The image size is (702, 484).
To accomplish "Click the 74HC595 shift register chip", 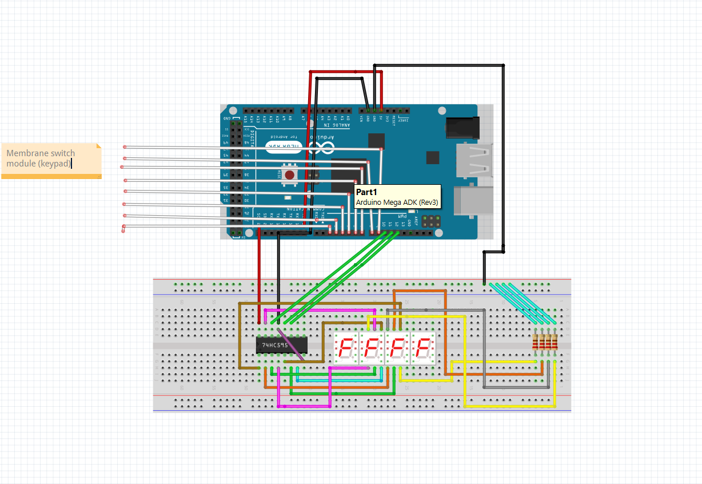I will pos(282,345).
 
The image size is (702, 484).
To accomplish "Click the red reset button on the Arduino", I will pos(290,174).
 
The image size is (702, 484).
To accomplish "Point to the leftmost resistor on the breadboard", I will pos(536,342).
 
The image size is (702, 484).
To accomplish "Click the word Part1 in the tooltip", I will pos(367,193).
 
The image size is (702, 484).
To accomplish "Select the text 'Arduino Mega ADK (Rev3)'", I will pos(397,203).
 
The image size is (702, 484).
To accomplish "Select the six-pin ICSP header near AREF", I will pos(432,221).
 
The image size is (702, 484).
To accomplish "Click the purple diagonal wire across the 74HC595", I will pos(290,343).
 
